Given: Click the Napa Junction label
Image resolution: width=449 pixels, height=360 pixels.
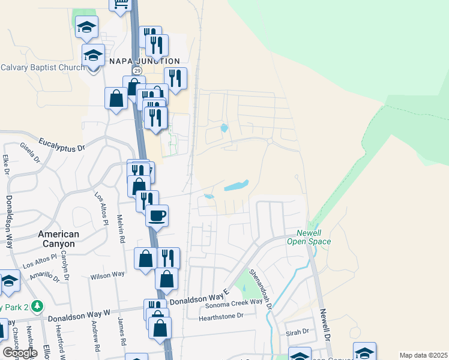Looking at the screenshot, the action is coord(144,61).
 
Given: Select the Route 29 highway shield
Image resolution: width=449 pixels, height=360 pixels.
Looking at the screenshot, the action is coord(137,71).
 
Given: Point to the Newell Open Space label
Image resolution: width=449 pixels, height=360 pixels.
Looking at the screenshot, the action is coord(313,238).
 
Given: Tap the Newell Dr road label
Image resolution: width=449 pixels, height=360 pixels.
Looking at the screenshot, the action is coord(325,326).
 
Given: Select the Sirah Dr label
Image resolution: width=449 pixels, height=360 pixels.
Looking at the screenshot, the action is coord(297,331).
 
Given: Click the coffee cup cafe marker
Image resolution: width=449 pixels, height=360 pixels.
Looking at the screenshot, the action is coord(157,215).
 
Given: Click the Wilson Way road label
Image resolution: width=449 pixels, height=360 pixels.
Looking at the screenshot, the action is coord(107,275).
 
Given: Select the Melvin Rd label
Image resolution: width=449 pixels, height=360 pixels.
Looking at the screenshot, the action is coord(121,229).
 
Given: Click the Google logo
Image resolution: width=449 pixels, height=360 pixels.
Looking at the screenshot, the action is coord(20,353).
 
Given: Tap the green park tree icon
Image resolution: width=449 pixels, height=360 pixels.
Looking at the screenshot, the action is coord(37,306).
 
